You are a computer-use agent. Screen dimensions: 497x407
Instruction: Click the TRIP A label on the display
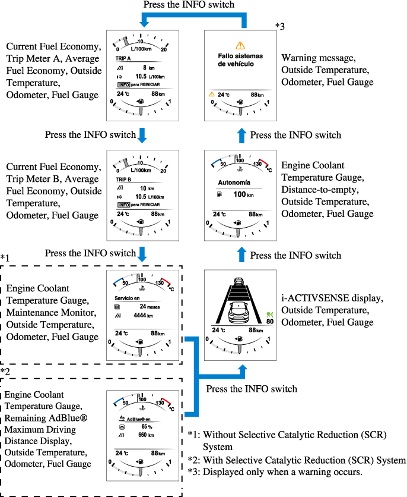123,59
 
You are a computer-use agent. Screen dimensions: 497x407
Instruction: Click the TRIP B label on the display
123,178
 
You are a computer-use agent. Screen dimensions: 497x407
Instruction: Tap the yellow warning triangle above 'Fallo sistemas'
240,45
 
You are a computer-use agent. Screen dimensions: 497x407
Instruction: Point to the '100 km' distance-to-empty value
243,195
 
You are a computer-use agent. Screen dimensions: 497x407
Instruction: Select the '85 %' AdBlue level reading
145,426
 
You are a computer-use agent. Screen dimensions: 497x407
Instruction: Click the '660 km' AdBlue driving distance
145,435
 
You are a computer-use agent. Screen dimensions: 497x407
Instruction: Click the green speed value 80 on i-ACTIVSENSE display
270,322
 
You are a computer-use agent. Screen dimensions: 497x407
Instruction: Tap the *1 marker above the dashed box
6,257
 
